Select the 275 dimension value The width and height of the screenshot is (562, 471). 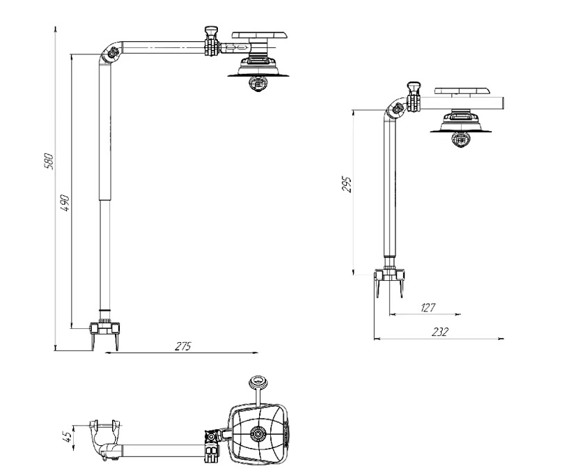[182, 345]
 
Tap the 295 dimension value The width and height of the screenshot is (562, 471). [348, 184]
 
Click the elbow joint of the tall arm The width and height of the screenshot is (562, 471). [109, 54]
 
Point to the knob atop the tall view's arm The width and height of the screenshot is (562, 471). [210, 33]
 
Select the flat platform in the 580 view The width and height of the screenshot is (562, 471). [260, 34]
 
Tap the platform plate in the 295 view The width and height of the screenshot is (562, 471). [463, 91]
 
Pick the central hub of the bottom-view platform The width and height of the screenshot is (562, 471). [258, 434]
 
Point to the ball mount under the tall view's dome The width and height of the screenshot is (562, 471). [257, 83]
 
